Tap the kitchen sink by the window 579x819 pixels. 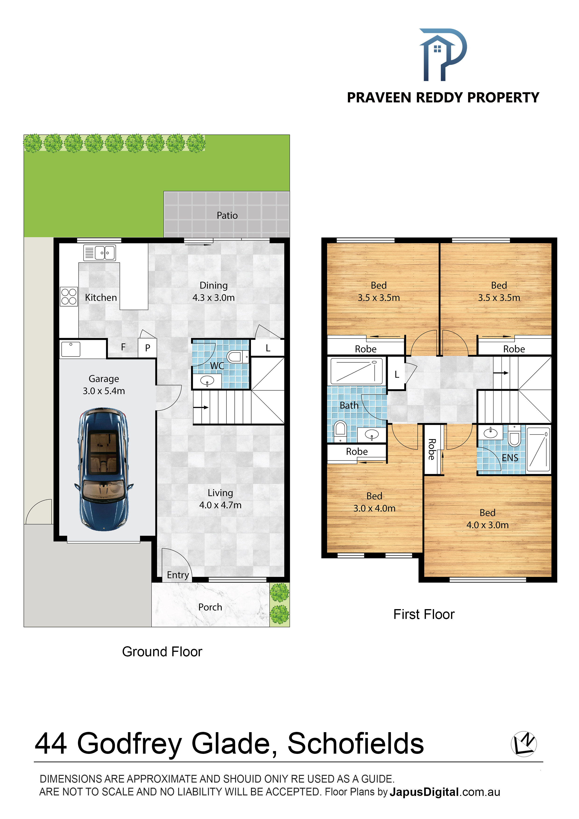(x=99, y=253)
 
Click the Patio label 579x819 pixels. (x=227, y=215)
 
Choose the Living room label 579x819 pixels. (x=220, y=493)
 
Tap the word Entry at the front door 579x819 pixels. (x=178, y=575)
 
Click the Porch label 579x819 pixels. (x=210, y=607)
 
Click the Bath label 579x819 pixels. (x=349, y=406)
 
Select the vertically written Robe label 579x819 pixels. (x=432, y=449)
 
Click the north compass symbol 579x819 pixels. (x=524, y=744)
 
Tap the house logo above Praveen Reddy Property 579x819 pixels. (x=443, y=55)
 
